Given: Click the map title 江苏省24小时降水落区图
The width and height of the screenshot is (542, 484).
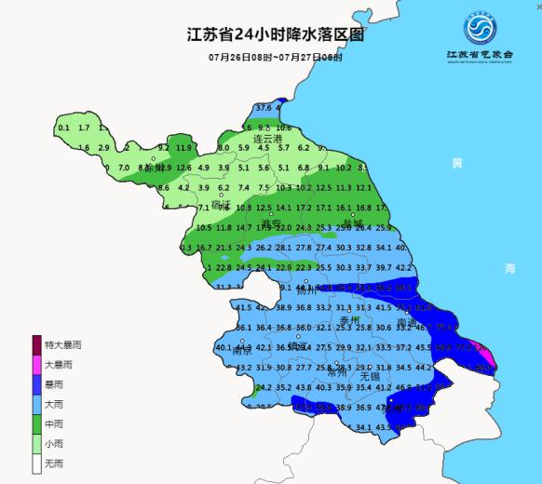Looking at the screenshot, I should click(x=274, y=35).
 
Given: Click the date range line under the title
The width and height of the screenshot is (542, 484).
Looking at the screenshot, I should click(x=275, y=58).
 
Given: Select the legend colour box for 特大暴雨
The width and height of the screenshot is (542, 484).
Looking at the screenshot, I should click(x=36, y=345).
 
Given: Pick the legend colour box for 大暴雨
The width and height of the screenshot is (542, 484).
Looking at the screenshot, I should click(x=36, y=366).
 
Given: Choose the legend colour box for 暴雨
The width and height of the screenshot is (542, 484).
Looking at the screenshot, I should click(x=36, y=386).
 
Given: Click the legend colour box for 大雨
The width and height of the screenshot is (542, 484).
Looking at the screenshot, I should click(x=36, y=407).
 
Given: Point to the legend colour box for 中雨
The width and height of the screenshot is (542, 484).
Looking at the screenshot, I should click(x=36, y=427).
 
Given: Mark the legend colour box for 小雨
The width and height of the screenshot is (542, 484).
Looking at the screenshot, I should click(x=36, y=448).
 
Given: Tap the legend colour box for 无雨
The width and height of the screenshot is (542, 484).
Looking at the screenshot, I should click(x=36, y=468).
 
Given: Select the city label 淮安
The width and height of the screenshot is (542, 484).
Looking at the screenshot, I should click(x=269, y=224).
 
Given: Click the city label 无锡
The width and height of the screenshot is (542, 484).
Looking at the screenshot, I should click(x=355, y=376).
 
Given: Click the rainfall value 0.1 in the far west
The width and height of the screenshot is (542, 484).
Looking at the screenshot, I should click(x=63, y=128).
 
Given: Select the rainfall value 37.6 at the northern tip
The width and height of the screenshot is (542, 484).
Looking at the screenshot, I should click(x=264, y=108).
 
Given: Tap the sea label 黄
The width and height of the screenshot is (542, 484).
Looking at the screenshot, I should click(x=456, y=163).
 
